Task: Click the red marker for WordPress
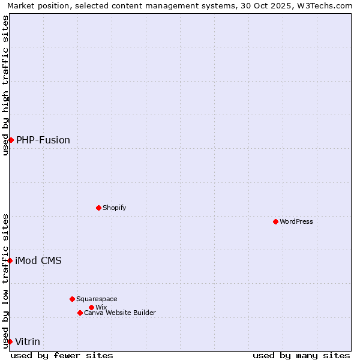(275, 221)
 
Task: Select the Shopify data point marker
(98, 208)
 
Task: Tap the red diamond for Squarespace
(72, 299)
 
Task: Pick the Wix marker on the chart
(91, 307)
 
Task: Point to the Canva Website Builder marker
(80, 313)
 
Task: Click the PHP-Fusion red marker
(11, 140)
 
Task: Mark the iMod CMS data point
(10, 260)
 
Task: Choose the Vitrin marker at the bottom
(10, 341)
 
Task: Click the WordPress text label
(296, 221)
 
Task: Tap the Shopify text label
(114, 208)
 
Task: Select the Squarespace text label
(97, 299)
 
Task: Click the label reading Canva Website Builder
(120, 313)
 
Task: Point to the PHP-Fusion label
(43, 140)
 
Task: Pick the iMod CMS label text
(38, 260)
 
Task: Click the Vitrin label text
(28, 341)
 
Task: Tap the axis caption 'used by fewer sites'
(62, 355)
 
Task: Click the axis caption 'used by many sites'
(301, 355)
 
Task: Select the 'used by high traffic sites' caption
(5, 85)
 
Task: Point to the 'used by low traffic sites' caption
(5, 281)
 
